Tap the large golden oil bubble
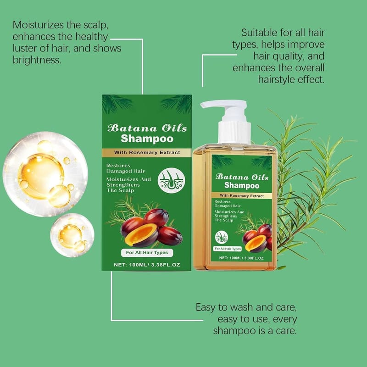[x=45, y=174]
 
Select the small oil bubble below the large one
[x=72, y=235]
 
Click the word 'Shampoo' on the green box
[x=147, y=139]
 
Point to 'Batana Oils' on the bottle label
[x=242, y=177]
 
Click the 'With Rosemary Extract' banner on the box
[x=147, y=153]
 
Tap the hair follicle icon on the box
[x=171, y=180]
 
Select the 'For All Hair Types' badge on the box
[x=147, y=253]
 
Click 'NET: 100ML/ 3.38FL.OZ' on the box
[x=147, y=265]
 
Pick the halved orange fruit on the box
[x=141, y=235]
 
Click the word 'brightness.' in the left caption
[x=37, y=60]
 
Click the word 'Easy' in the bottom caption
[x=205, y=307]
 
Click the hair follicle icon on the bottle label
[x=222, y=237]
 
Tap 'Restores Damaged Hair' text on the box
[x=126, y=168]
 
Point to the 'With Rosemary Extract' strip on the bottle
[x=242, y=196]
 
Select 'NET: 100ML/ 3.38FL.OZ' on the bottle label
[x=241, y=258]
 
